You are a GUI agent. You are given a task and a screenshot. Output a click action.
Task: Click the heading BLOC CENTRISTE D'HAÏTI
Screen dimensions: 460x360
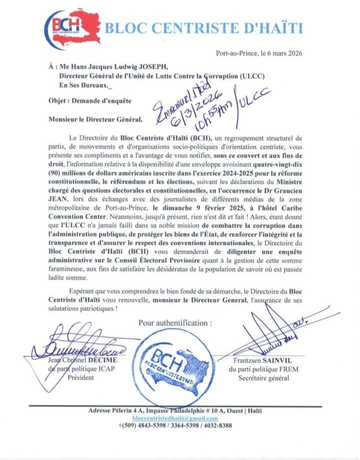click(203, 27)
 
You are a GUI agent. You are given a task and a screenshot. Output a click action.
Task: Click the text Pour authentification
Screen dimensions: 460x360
click(174, 323)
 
